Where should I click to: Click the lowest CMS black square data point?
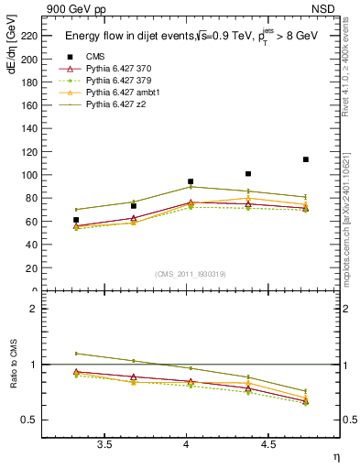(x=76, y=220)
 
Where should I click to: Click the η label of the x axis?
(x=335, y=456)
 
